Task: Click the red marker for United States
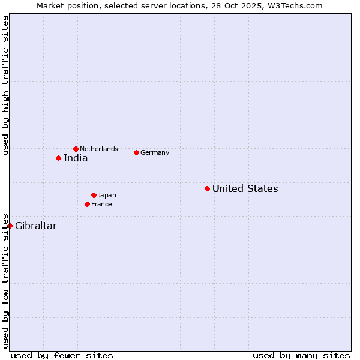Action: point(207,188)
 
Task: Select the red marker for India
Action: point(58,158)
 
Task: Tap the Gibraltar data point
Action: point(10,226)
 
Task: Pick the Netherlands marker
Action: point(76,149)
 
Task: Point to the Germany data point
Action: point(136,152)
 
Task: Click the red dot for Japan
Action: point(94,195)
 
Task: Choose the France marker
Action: point(87,204)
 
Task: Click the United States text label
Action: point(245,188)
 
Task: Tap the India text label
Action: point(76,158)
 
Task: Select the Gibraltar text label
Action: point(36,226)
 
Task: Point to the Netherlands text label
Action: point(99,149)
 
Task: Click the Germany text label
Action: point(155,152)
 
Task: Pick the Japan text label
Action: point(107,195)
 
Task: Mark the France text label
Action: point(101,204)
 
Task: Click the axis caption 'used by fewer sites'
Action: point(62,355)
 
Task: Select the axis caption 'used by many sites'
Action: point(301,355)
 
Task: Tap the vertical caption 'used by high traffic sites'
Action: point(5,85)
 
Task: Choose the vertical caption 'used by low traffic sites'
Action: point(5,280)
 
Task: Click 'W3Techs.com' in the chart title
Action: point(298,5)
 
